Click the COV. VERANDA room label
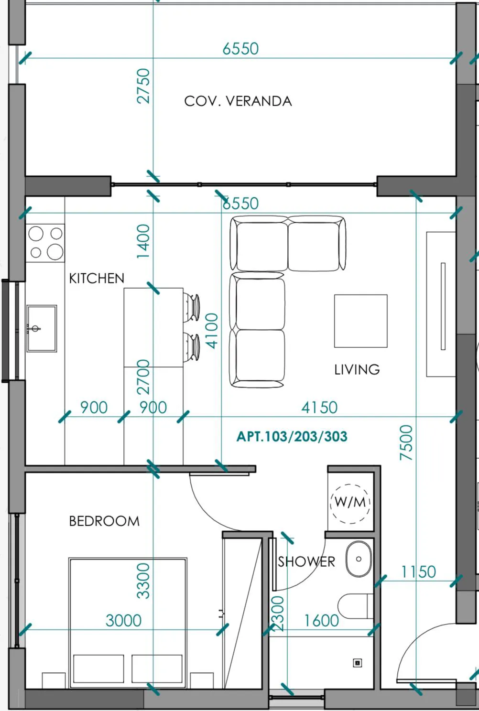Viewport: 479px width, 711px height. [238, 101]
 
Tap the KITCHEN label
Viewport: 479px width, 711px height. [97, 279]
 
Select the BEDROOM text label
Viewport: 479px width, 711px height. [104, 521]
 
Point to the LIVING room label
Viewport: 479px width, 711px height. [357, 369]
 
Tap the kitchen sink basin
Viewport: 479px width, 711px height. [42, 329]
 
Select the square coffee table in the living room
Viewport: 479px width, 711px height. [360, 321]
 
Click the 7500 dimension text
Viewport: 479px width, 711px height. [406, 442]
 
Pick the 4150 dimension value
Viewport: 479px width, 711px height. [319, 408]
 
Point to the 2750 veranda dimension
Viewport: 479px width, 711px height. [143, 86]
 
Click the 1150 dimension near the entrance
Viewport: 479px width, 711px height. [418, 572]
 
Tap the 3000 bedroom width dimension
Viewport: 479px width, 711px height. [123, 621]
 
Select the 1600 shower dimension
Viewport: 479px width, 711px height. [321, 621]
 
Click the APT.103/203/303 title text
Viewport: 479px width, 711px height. [292, 437]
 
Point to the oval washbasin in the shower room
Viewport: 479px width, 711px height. [359, 559]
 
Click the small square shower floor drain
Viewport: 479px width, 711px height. [358, 663]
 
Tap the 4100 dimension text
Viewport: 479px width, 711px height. [212, 331]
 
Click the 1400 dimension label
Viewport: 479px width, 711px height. [143, 241]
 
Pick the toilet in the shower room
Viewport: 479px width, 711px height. [355, 606]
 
